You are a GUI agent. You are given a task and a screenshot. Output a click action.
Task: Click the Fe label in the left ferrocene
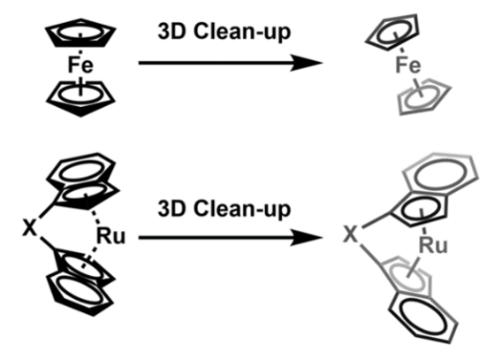coord(80,65)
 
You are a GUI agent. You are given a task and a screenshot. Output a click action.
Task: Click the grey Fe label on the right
coord(408,65)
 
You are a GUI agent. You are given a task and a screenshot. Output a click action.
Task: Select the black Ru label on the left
coord(110,236)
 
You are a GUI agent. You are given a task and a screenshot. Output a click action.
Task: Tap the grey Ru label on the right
coord(433,246)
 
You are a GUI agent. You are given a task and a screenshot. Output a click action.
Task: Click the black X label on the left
coord(29,227)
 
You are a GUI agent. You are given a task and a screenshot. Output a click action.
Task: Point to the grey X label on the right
coord(350,234)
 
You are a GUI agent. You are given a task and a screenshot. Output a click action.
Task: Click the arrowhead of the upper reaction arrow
coord(307,63)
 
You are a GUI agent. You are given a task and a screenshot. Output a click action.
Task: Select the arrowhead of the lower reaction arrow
coord(307,238)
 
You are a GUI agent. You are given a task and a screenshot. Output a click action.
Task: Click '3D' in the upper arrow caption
coord(171,32)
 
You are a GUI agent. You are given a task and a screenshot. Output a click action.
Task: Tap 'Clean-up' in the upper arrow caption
coord(242,33)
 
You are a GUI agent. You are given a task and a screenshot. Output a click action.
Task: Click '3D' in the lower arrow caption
coord(171,209)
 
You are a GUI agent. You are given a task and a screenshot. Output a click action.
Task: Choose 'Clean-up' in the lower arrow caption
coord(242,210)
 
